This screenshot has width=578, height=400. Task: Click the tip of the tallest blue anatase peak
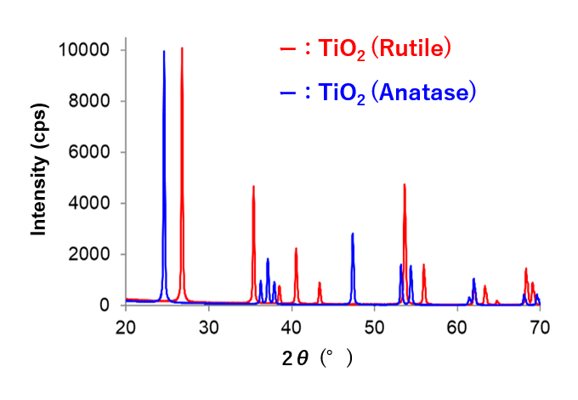tap(164, 52)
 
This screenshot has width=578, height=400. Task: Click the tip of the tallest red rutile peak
tap(182, 48)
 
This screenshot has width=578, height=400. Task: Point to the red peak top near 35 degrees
tap(253, 187)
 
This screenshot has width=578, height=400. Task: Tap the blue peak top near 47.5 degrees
tap(352, 234)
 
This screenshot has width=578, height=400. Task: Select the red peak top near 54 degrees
tap(405, 184)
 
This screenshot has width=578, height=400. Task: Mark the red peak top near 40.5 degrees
tap(296, 249)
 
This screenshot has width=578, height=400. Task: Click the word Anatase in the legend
tap(426, 92)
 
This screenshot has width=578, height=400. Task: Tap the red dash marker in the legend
tap(285, 49)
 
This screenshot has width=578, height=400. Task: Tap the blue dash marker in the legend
tap(285, 92)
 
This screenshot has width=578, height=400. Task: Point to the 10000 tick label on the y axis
tap(85, 50)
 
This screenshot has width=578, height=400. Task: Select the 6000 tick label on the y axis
tap(89, 152)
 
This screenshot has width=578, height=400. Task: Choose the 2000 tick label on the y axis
tap(89, 254)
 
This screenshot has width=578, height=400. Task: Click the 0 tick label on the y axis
tap(105, 305)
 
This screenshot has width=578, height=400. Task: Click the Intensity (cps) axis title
tap(38, 177)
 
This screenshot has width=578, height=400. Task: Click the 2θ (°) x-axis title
tap(316, 358)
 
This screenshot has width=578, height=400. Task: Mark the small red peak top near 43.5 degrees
tap(320, 283)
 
